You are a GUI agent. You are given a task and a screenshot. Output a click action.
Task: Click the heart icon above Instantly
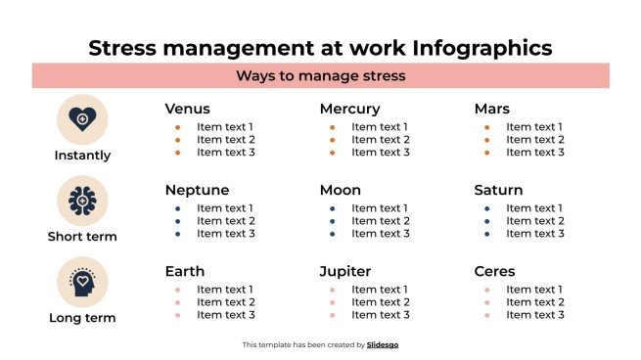pyautogui.click(x=82, y=119)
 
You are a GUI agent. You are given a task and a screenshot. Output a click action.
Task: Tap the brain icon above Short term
pyautogui.click(x=82, y=201)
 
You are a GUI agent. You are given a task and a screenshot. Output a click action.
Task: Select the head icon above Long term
pyautogui.click(x=82, y=282)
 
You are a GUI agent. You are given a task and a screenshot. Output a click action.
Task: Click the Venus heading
pyautogui.click(x=187, y=109)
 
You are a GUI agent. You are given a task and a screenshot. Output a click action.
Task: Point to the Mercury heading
pyautogui.click(x=349, y=109)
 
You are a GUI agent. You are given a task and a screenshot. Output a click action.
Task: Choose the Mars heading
pyautogui.click(x=491, y=109)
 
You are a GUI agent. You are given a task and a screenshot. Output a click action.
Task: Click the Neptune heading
pyautogui.click(x=197, y=190)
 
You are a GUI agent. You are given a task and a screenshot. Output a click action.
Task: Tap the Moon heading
pyautogui.click(x=340, y=190)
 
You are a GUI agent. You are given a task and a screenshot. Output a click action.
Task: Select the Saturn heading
pyautogui.click(x=498, y=190)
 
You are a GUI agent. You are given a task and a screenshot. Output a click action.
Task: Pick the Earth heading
pyautogui.click(x=185, y=271)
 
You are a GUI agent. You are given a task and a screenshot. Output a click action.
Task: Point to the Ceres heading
pyautogui.click(x=494, y=271)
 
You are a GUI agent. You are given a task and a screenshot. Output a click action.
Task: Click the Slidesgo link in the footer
pyautogui.click(x=383, y=344)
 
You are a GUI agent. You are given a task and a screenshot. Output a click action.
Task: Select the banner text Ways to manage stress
pyautogui.click(x=321, y=75)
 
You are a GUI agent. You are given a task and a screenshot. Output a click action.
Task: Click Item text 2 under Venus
pyautogui.click(x=225, y=139)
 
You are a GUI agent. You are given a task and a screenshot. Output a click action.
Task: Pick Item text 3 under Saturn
pyautogui.click(x=534, y=233)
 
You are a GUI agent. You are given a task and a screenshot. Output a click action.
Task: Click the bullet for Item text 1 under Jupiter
pyautogui.click(x=333, y=290)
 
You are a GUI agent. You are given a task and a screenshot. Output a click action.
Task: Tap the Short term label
pyautogui.click(x=82, y=236)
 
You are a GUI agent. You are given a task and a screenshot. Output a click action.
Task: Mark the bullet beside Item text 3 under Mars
pyautogui.click(x=487, y=152)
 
